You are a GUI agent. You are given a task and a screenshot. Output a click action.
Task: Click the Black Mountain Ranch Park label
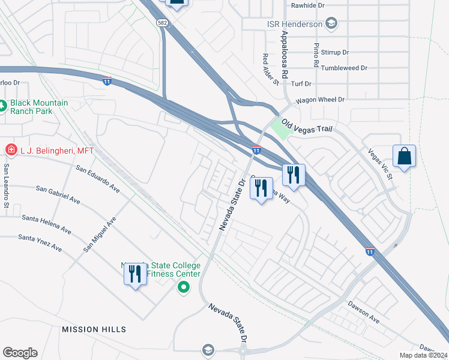point(40,107)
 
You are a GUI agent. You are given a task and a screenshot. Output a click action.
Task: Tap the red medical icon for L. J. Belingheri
point(10,149)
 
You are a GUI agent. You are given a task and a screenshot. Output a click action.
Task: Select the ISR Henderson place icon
point(330,23)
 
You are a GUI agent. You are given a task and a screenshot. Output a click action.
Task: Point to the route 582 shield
point(161,22)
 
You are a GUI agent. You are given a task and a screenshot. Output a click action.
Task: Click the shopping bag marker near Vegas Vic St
point(405,157)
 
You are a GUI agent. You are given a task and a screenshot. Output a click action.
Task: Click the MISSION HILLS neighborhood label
point(94,329)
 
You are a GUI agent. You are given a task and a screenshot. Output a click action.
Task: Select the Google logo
point(20,353)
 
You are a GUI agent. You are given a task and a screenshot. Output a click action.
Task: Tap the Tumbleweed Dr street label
point(344,68)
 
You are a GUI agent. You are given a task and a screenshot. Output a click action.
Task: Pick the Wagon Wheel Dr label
point(320,100)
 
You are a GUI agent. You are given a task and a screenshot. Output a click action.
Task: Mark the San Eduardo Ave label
point(98,178)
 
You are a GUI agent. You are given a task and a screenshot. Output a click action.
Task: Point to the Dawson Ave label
point(363,312)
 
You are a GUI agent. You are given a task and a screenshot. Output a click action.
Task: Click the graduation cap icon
point(208,349)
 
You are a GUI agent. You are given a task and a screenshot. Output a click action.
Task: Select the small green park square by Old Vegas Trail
point(279,127)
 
